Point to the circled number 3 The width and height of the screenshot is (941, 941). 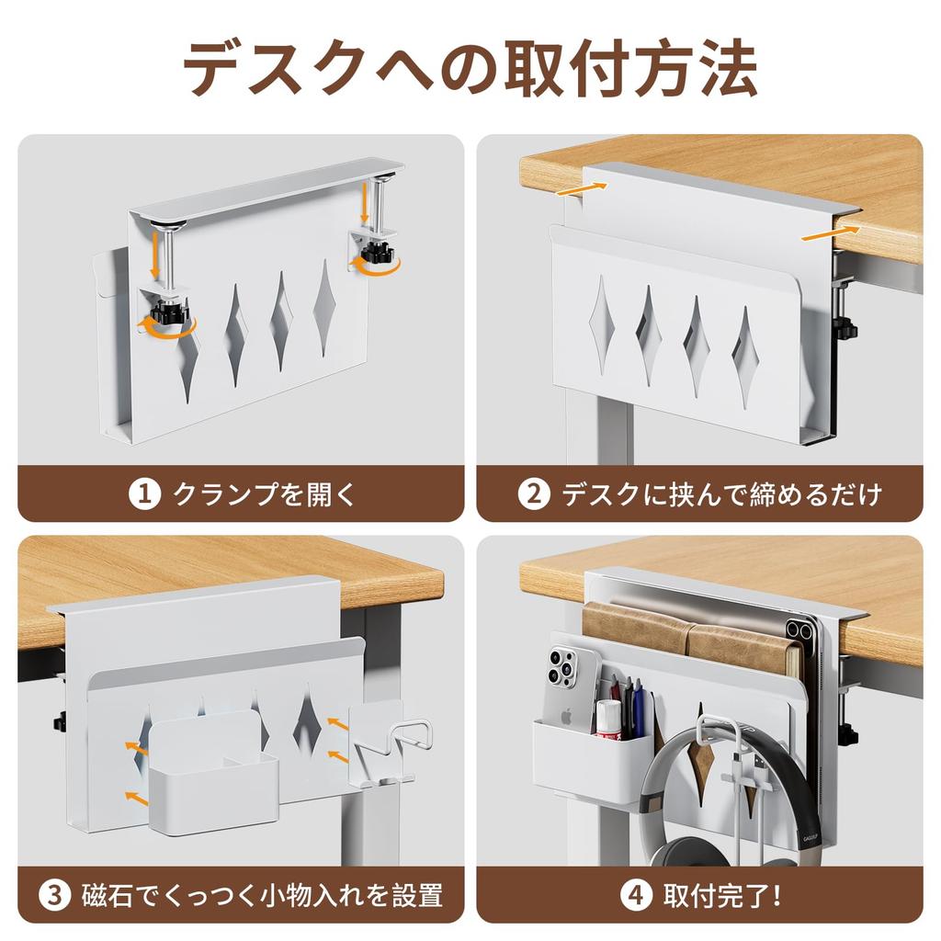click(x=56, y=894)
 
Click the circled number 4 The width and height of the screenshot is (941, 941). click(x=633, y=894)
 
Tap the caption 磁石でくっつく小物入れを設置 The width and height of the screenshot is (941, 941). click(x=263, y=894)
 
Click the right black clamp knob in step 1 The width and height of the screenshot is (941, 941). click(x=376, y=252)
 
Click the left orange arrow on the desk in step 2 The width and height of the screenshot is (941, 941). click(x=582, y=188)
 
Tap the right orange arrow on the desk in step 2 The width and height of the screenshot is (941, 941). click(x=832, y=232)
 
